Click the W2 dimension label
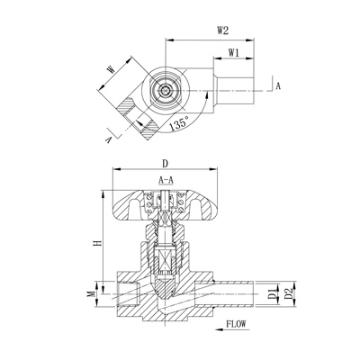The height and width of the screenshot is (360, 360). [x=222, y=31]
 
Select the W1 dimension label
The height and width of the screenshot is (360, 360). [x=234, y=53]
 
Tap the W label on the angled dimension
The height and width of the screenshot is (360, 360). [x=111, y=70]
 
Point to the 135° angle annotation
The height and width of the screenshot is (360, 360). [x=179, y=123]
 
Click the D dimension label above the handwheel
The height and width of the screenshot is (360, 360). [x=165, y=164]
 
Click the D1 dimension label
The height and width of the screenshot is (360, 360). [x=272, y=294]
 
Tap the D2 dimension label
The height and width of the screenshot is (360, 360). [x=289, y=293]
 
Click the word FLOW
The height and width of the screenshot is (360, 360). [x=236, y=324]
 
